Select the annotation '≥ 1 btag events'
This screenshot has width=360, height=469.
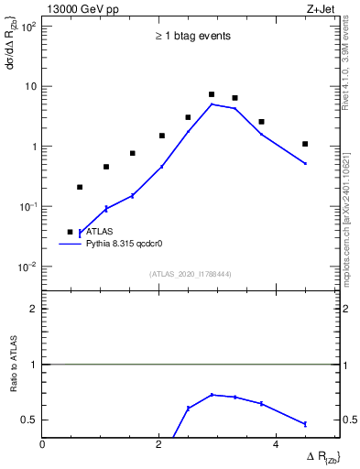point(191,37)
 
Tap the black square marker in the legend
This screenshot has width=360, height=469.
point(70,233)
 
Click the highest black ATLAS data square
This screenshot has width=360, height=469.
point(212,94)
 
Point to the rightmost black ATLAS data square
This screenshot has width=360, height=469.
point(305,144)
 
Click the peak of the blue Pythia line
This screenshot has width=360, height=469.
point(212,104)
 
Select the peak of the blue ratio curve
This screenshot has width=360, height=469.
point(212,395)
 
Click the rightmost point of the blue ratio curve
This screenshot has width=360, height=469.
point(305,423)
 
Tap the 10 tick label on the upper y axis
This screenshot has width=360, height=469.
point(30,86)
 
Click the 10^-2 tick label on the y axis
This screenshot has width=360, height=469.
point(27,267)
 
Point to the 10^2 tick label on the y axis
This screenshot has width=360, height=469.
point(27,26)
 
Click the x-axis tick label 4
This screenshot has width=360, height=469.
point(276,444)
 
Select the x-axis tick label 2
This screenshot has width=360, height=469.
point(159,444)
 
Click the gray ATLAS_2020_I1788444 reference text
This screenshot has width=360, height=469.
point(191,274)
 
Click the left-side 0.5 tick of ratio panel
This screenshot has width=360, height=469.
point(29,420)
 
